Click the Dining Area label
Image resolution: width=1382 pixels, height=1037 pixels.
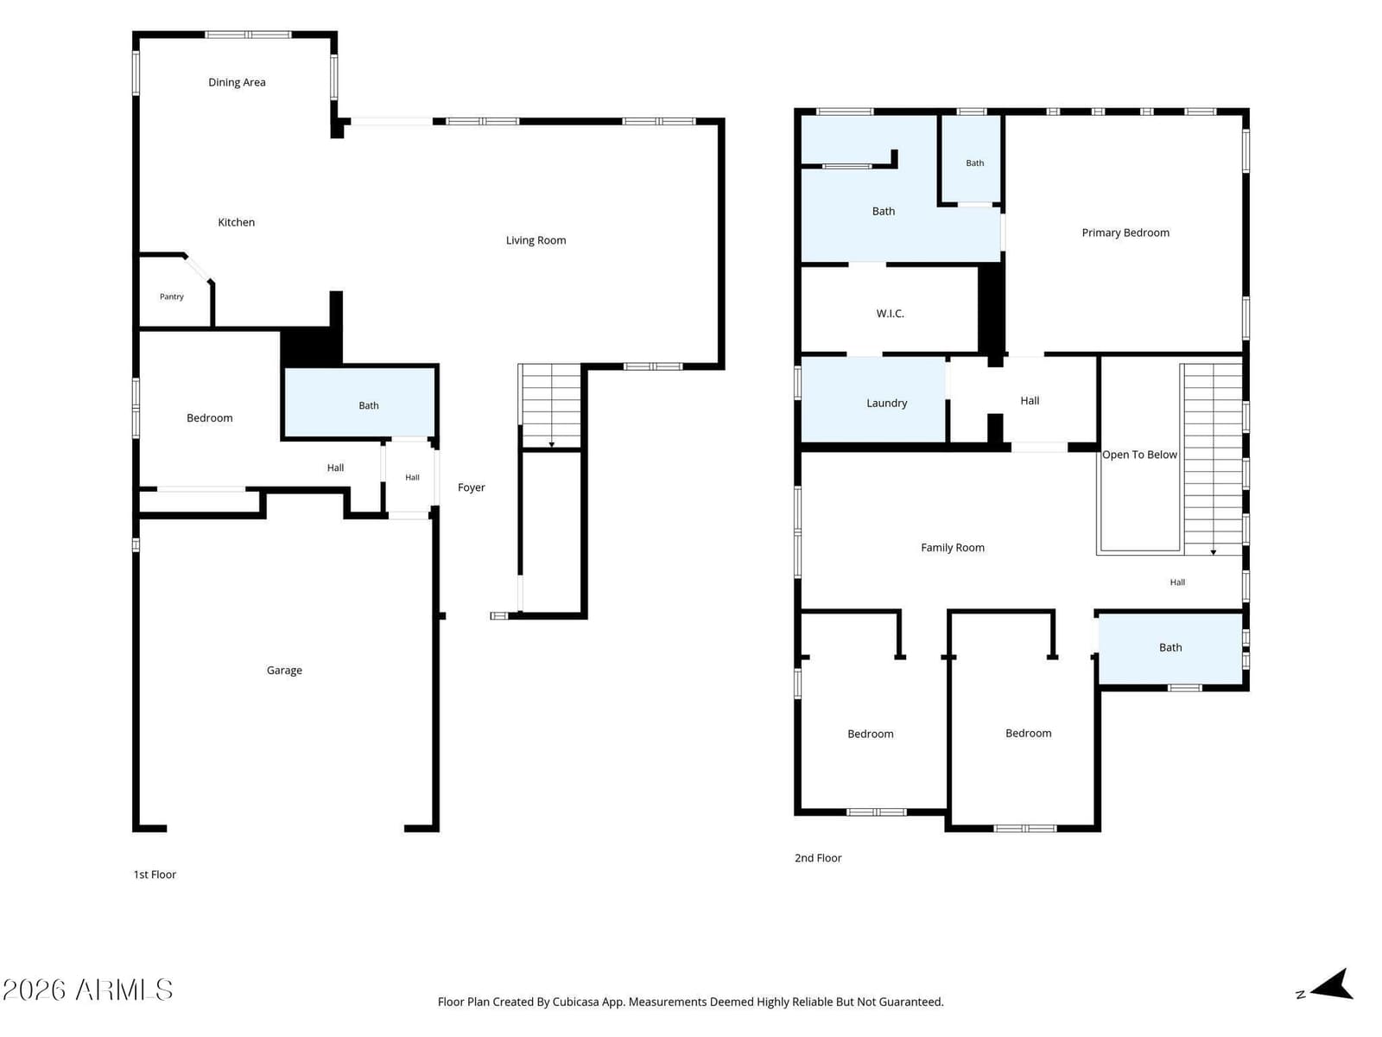tap(237, 82)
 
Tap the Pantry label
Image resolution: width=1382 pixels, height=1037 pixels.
tap(171, 296)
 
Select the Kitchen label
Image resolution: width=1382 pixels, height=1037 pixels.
tap(236, 222)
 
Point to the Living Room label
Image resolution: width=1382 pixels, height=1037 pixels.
tap(536, 240)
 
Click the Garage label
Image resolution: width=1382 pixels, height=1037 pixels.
tap(284, 671)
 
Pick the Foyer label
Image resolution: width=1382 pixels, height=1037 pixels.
tap(471, 487)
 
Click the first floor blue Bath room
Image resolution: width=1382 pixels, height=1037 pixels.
tap(359, 403)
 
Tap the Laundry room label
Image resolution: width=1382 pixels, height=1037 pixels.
tap(886, 403)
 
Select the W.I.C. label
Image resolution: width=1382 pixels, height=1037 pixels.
tap(890, 314)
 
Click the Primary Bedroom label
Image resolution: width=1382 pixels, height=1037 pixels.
tap(1125, 233)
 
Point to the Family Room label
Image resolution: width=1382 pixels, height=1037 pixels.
tap(952, 548)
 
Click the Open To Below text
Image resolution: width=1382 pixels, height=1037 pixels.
tap(1139, 455)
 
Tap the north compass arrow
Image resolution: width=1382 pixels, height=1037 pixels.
tap(1331, 985)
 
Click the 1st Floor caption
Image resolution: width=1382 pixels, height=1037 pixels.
tap(155, 875)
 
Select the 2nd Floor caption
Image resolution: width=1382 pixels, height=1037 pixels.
tap(818, 857)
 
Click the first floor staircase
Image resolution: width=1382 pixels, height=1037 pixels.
tap(551, 405)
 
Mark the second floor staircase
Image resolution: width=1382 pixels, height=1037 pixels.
tap(1212, 458)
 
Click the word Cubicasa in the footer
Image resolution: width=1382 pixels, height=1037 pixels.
tap(575, 1002)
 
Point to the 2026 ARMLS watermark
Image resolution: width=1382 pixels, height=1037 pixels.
tap(87, 989)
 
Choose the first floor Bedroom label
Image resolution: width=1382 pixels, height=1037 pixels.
tap(209, 418)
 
